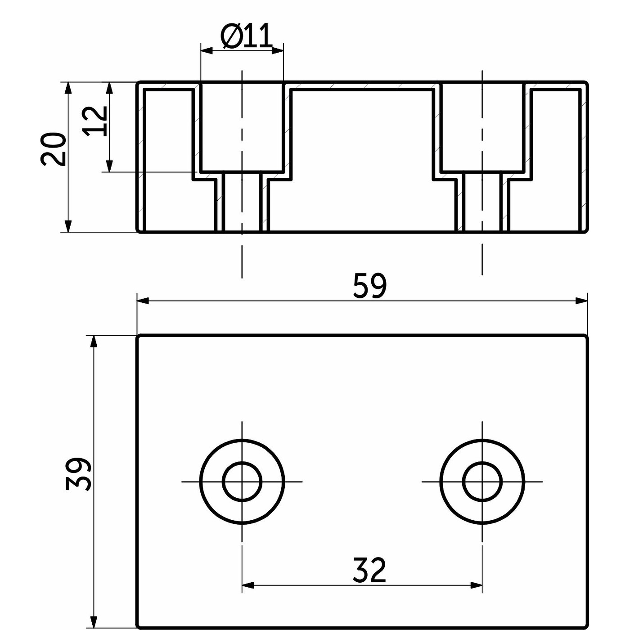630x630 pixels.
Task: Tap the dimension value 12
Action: click(96, 121)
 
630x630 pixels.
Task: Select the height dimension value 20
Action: click(54, 149)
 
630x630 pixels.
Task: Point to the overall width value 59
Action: click(369, 286)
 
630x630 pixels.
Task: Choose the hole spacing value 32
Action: click(369, 570)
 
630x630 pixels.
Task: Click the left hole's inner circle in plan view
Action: click(242, 481)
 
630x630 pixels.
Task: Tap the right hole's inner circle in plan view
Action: click(482, 481)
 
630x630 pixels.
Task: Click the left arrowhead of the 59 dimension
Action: click(143, 301)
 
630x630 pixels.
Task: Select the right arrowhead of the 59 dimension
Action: click(582, 301)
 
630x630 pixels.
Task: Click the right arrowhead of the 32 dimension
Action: click(477, 585)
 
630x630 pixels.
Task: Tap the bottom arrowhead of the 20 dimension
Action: click(68, 226)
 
